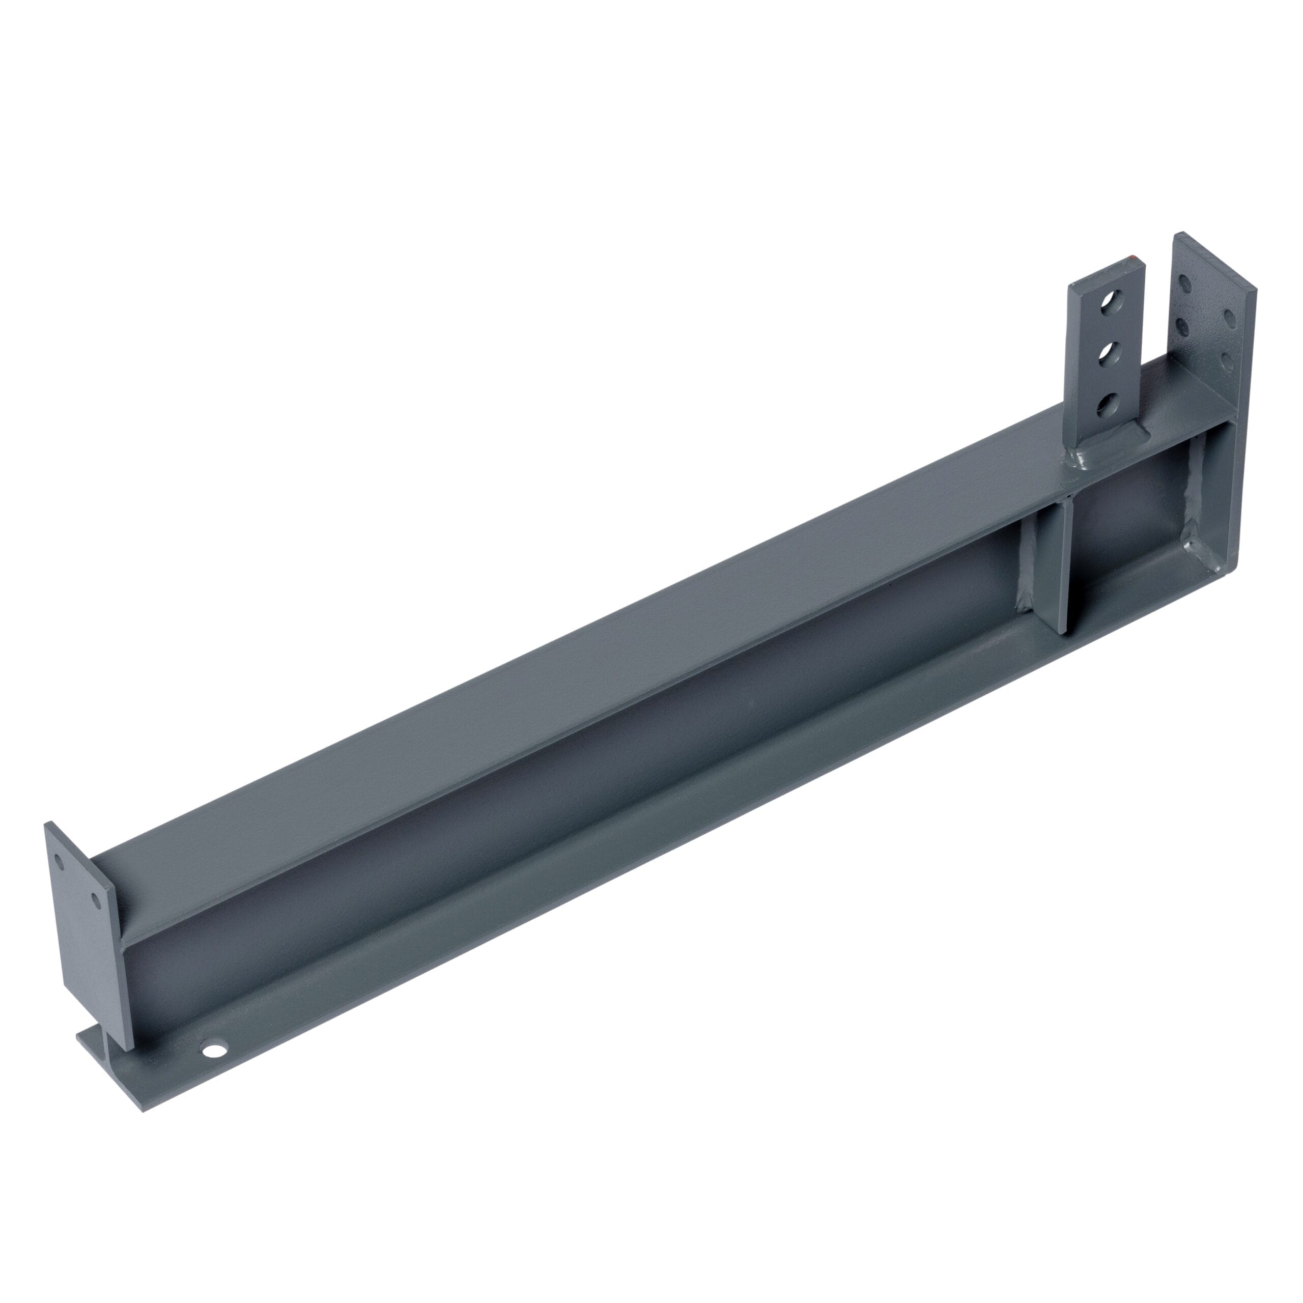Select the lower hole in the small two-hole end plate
[96, 900]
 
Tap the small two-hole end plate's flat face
[84, 944]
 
